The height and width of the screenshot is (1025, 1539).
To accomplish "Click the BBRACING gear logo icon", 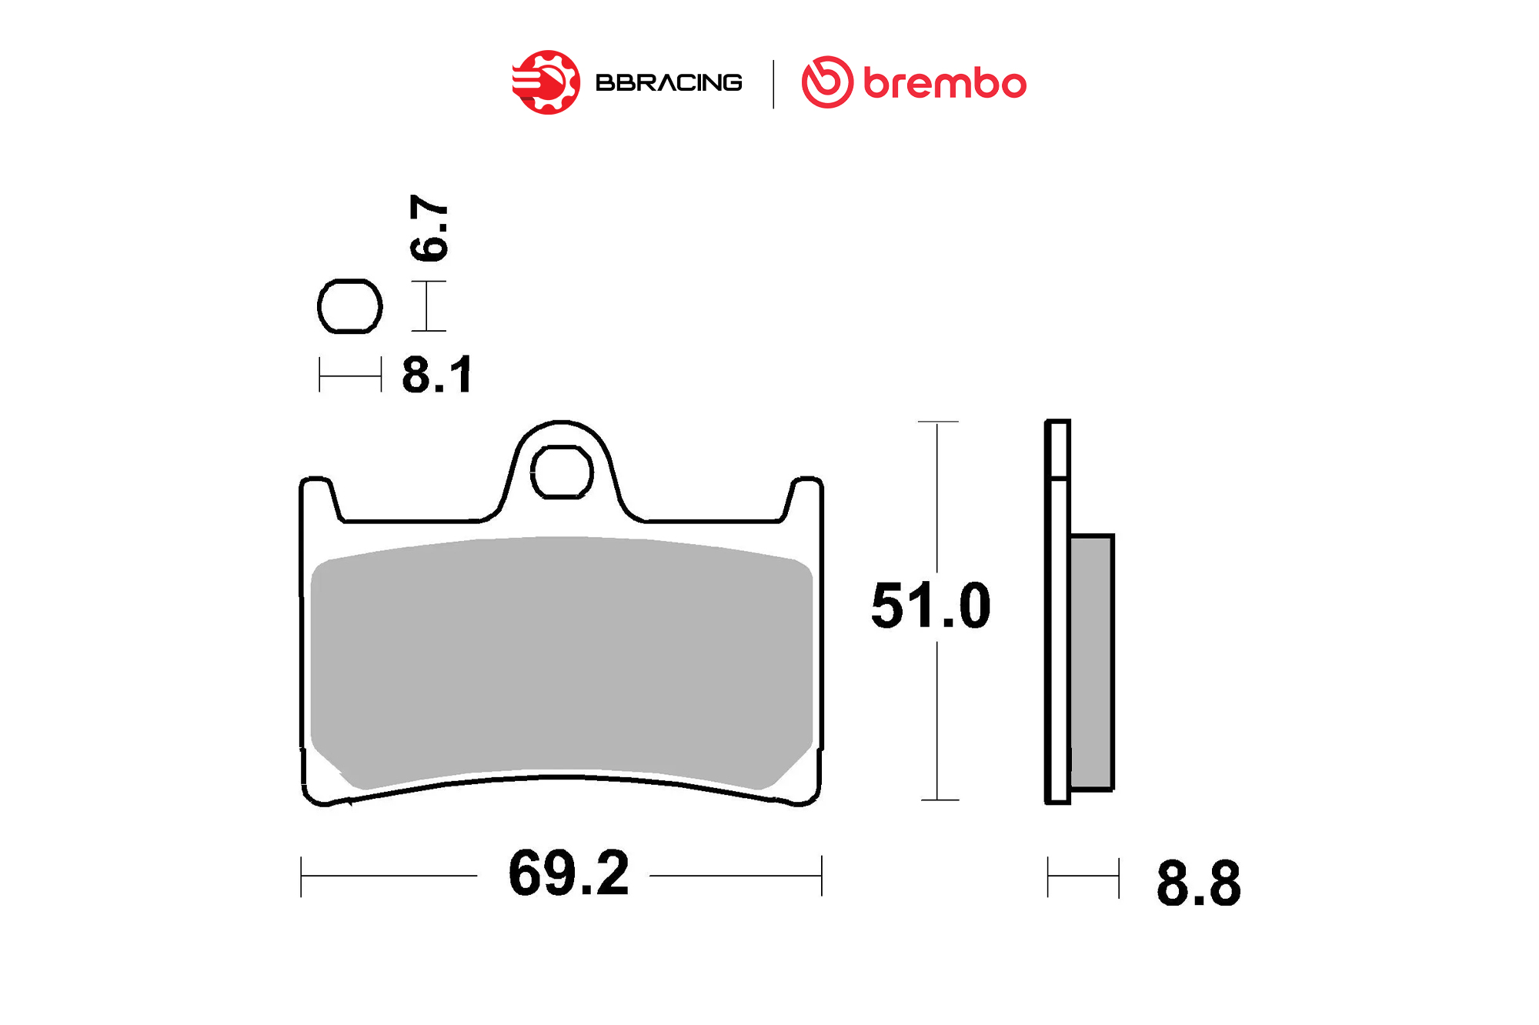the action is point(546,82).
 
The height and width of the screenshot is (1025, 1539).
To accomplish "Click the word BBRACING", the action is point(669,82).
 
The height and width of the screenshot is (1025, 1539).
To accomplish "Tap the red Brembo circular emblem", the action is point(827,82).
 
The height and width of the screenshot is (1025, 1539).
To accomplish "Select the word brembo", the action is point(945,83).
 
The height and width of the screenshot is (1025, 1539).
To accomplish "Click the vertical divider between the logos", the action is point(773,84).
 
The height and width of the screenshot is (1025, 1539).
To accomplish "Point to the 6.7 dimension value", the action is point(429,228).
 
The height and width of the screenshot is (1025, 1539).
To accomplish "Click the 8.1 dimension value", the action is point(437,376).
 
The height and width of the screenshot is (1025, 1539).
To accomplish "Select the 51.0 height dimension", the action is point(931,606).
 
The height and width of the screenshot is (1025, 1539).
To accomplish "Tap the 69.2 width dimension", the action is point(569,873).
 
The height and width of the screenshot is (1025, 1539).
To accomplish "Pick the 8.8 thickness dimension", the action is point(1198,883).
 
